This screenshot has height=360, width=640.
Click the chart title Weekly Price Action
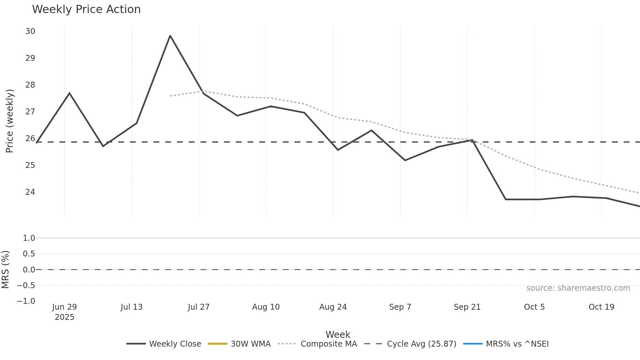[x=86, y=9]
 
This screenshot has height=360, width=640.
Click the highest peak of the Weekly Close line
[x=170, y=36]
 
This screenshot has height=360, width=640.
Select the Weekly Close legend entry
[x=164, y=344]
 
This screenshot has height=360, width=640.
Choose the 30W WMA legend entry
[x=239, y=344]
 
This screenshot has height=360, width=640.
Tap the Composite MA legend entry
[x=317, y=344]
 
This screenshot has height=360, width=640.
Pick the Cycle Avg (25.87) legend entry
[x=410, y=344]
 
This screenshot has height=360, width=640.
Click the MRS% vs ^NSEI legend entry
[x=506, y=344]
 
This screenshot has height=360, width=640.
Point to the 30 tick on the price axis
[x=30, y=31]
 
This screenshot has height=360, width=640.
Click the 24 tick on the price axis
[x=30, y=192]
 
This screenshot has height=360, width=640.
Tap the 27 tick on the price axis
[x=30, y=112]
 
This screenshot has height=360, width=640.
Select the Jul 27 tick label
[x=199, y=307]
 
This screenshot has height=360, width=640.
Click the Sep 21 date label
[x=467, y=307]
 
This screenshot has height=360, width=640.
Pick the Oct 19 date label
[x=601, y=307]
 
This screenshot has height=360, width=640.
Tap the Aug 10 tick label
[x=266, y=307]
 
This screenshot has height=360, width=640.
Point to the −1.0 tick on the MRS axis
[x=26, y=301]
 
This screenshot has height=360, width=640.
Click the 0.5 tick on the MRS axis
[x=29, y=254]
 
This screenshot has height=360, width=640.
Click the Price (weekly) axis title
[x=9, y=121]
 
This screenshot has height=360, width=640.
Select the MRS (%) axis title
[x=6, y=270]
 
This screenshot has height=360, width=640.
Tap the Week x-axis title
[x=338, y=335]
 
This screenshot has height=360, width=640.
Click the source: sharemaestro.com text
[x=578, y=288]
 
